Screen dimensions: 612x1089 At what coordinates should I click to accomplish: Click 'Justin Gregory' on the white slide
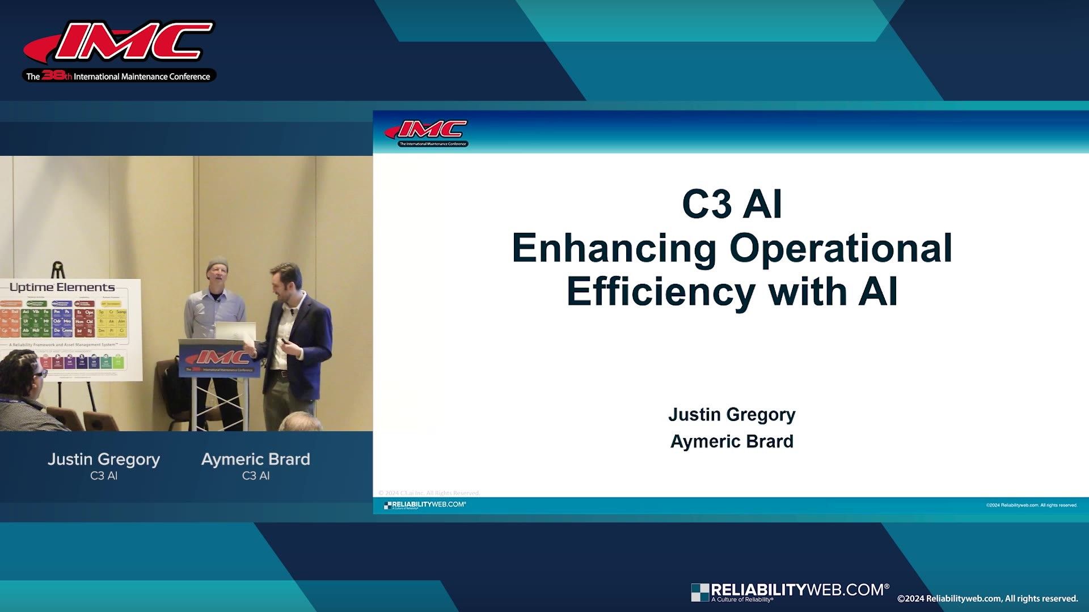[732, 414]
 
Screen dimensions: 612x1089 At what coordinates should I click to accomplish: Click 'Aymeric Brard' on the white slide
[732, 441]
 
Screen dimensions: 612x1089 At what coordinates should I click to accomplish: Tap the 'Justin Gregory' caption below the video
[104, 459]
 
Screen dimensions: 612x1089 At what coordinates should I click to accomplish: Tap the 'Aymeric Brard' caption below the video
[256, 459]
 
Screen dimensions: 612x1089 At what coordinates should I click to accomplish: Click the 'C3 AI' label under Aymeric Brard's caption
[256, 476]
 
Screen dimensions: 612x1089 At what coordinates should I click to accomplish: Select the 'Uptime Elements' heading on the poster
[62, 287]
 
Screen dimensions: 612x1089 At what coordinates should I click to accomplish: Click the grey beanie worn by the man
[217, 265]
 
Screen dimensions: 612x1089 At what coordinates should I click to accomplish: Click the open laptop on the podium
[234, 330]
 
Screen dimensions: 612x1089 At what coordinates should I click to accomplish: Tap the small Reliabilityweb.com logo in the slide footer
[425, 504]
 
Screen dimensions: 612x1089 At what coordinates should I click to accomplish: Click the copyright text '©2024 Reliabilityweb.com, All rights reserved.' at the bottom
[987, 598]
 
